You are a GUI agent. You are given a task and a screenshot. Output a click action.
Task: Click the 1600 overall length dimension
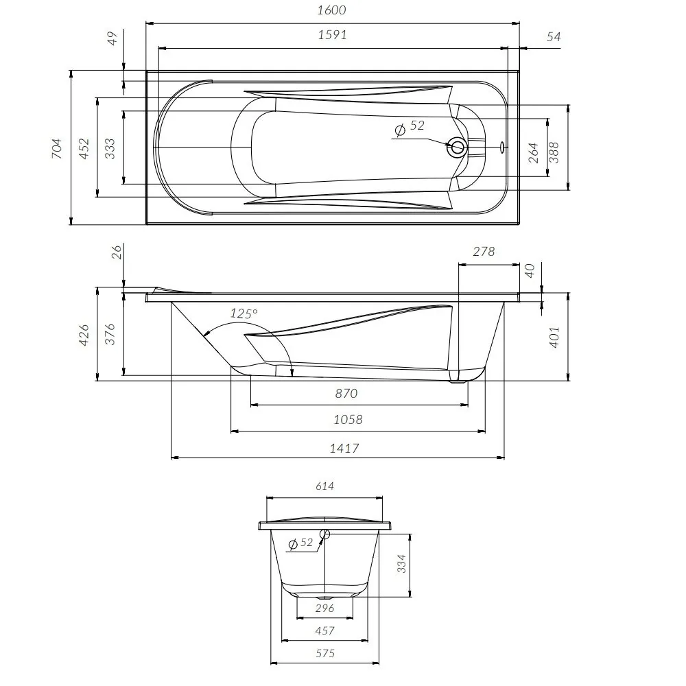(x=333, y=10)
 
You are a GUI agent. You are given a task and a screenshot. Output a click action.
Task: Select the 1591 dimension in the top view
(x=333, y=35)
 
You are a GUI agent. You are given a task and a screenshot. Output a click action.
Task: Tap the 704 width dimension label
(x=58, y=148)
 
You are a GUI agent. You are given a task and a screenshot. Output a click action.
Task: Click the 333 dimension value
(x=110, y=148)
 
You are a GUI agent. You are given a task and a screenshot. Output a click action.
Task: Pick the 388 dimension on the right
(x=555, y=152)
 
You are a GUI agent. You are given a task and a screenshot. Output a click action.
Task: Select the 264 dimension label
(x=534, y=152)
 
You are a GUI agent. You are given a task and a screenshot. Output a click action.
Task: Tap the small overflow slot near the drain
(x=503, y=146)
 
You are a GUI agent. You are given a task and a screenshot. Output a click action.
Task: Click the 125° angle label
(x=244, y=314)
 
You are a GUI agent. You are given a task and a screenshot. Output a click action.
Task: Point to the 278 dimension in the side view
(x=484, y=252)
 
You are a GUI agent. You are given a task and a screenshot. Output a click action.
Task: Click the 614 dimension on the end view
(x=324, y=486)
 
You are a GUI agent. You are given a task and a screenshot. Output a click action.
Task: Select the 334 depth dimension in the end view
(x=403, y=564)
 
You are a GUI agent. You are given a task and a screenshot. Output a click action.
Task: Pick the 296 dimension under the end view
(x=324, y=608)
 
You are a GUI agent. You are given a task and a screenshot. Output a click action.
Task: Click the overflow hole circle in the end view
(x=324, y=534)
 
